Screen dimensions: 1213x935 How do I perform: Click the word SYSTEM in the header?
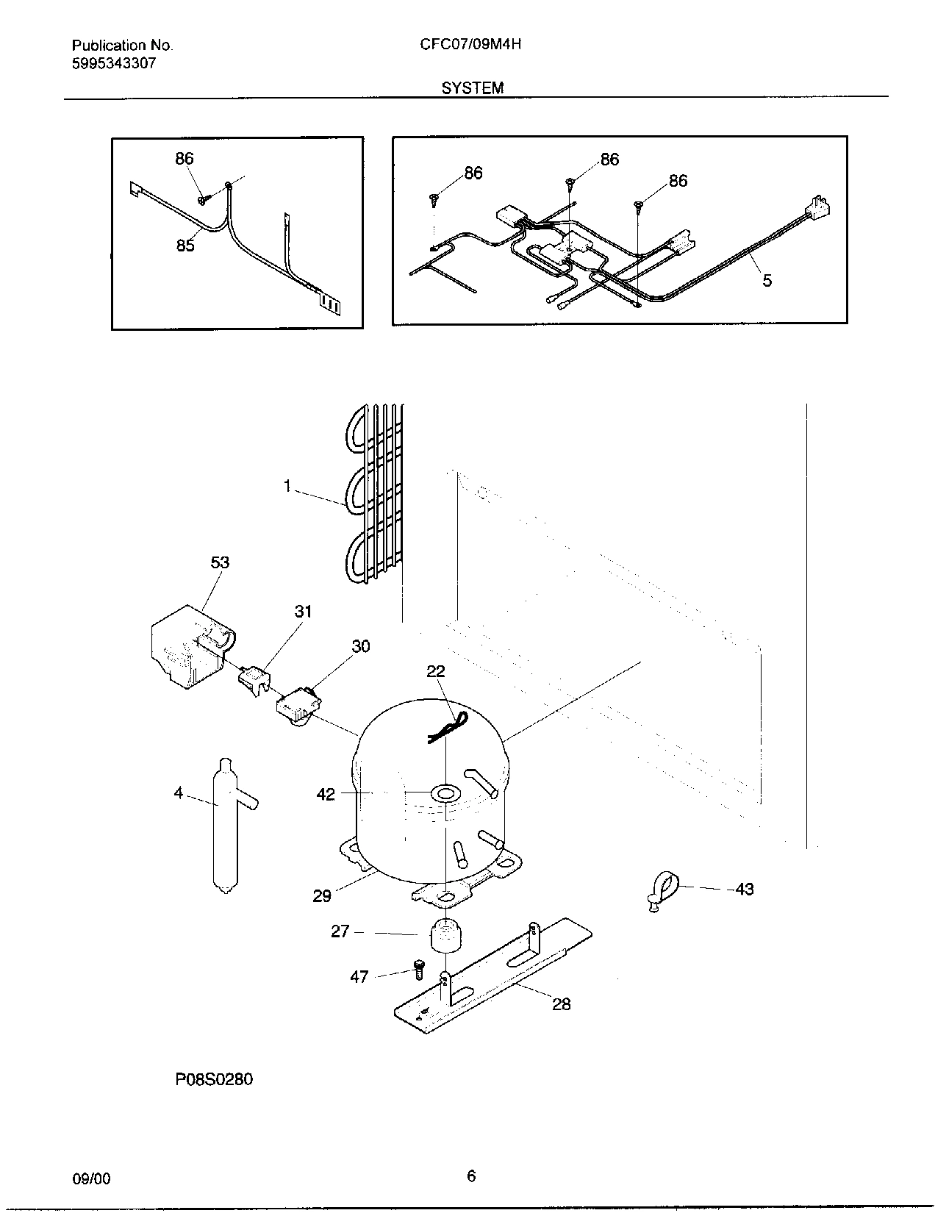tap(473, 88)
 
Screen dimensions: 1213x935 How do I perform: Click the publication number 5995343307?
tap(113, 63)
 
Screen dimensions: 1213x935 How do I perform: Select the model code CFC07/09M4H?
tap(470, 44)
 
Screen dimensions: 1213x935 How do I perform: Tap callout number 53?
tap(220, 562)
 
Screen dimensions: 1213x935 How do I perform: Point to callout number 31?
tap(304, 612)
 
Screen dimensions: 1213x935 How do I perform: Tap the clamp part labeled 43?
tap(664, 887)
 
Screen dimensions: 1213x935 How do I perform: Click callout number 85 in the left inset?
tap(185, 246)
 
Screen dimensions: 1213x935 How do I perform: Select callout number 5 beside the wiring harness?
tap(767, 280)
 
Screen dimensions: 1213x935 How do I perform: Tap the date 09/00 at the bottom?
tap(92, 1178)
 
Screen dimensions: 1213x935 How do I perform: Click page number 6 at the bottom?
tap(471, 1176)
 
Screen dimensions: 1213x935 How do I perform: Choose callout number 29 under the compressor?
tap(322, 895)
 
